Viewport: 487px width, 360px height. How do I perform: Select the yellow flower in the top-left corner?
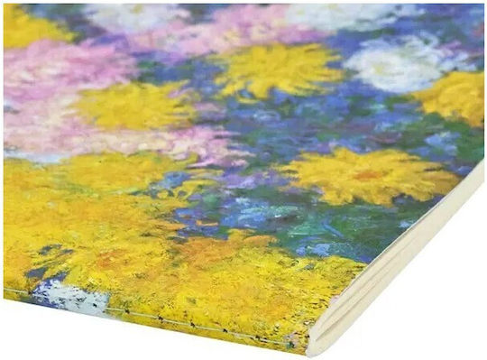click(32, 27)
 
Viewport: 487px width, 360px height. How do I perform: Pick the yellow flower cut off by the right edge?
click(455, 96)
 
